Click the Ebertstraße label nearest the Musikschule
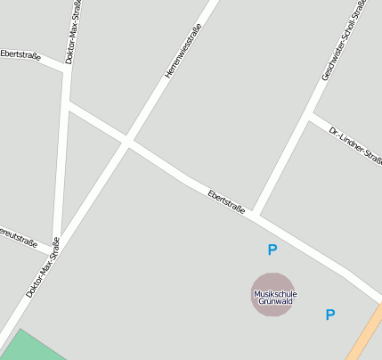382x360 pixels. [x=226, y=200]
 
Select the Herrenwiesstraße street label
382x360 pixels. [x=183, y=52]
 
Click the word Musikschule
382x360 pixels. [x=275, y=294]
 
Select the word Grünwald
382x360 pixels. [x=275, y=302]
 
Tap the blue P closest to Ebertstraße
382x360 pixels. [x=272, y=250]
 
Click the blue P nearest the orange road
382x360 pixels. [x=330, y=315]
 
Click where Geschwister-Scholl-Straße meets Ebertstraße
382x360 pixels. [x=255, y=213]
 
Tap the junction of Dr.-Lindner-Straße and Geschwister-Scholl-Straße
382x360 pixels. [x=311, y=115]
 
